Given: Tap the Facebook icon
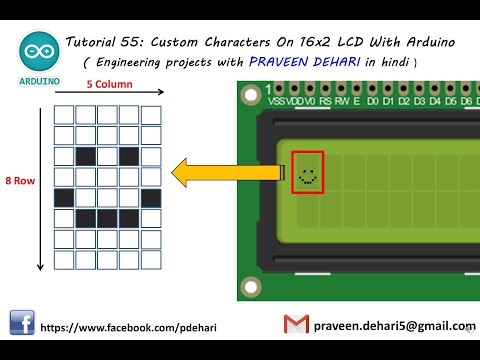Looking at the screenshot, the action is click(x=21, y=325).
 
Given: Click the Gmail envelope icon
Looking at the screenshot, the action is click(x=295, y=325).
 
